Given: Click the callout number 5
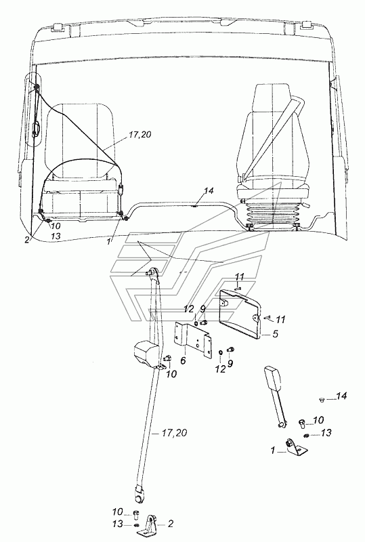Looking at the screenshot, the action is click(275, 334).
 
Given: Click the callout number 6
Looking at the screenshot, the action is click(183, 360).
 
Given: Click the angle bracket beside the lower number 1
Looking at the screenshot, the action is click(296, 446).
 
